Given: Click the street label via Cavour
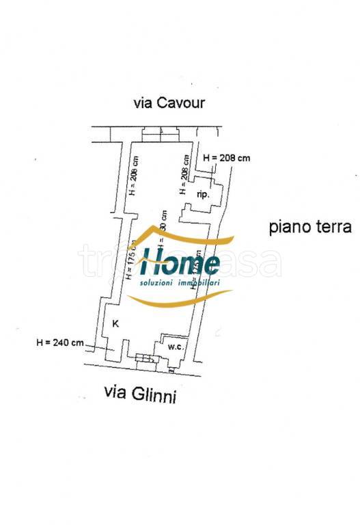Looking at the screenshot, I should coord(169,103).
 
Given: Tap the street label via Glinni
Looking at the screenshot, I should coord(139,394).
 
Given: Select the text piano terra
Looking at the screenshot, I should coord(309,227).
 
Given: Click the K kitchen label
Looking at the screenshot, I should coord(115,324).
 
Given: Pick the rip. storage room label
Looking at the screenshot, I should coord(203,195).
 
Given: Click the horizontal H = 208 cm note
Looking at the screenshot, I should coord(227,158).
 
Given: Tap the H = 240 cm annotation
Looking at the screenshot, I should coord(60,342).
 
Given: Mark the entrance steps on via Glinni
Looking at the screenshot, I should coord(143,359).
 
